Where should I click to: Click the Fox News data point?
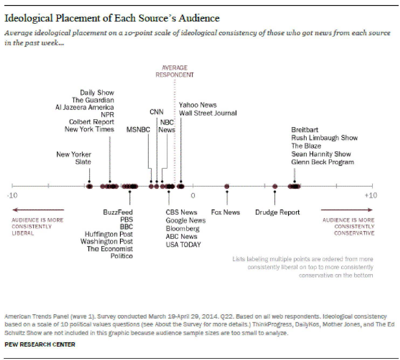[x=227, y=186]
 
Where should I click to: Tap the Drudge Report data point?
[x=275, y=186]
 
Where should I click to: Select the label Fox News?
[x=225, y=212]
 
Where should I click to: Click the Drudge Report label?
[x=277, y=212]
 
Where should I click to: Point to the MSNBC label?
[x=138, y=130]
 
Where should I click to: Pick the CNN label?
[x=156, y=112]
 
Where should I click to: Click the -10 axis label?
[x=12, y=195]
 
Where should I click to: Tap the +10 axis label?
[x=371, y=195]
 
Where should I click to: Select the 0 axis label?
[x=193, y=195]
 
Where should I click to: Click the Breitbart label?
[x=305, y=130]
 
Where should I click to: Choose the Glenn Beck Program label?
[x=322, y=162]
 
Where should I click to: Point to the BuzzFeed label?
[x=118, y=212]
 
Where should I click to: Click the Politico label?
[x=122, y=256]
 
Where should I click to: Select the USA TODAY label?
[x=183, y=245]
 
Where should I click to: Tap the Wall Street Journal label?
[x=207, y=113]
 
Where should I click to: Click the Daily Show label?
[x=97, y=92]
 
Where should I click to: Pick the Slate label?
[x=83, y=162]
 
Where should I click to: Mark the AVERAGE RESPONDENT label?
[x=175, y=71]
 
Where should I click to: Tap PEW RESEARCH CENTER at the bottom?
[x=40, y=344]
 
